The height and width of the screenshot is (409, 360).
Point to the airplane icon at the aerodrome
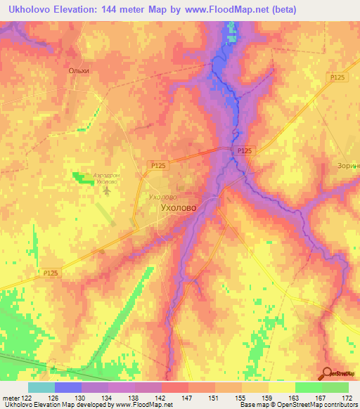coord(106,190)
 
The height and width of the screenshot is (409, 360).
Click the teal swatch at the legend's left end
coord(41,387)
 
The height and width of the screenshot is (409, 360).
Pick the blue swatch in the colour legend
coord(68,387)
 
